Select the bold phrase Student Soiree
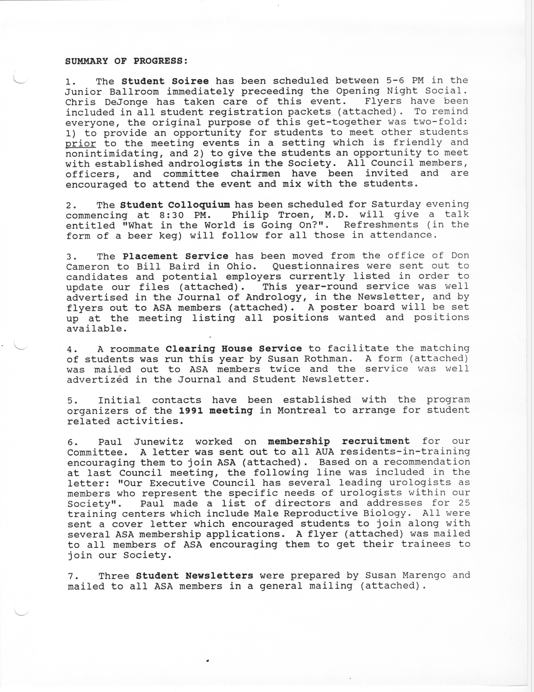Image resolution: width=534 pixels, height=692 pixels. pyautogui.click(x=165, y=81)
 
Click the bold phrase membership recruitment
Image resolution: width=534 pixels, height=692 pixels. pyautogui.click(x=339, y=441)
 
